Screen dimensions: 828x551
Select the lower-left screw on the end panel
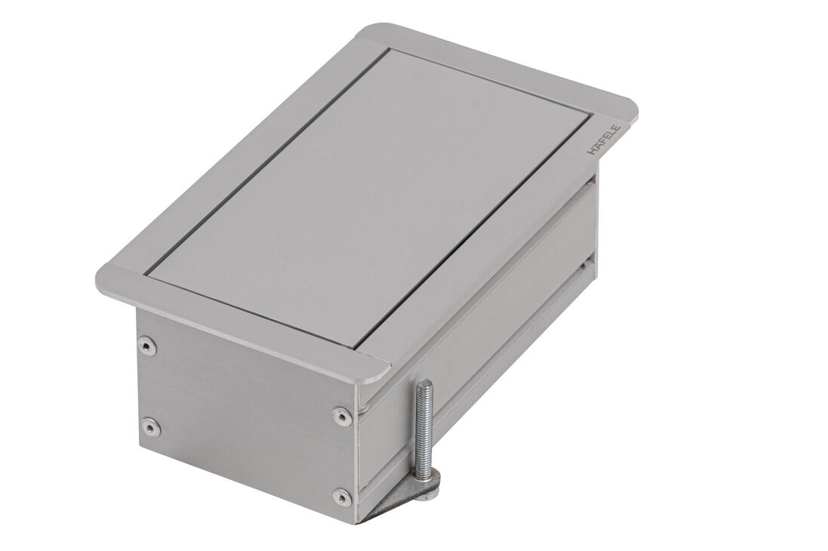[x=152, y=426]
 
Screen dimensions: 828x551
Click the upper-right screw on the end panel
[x=342, y=414]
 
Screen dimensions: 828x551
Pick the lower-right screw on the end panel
[x=342, y=497]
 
